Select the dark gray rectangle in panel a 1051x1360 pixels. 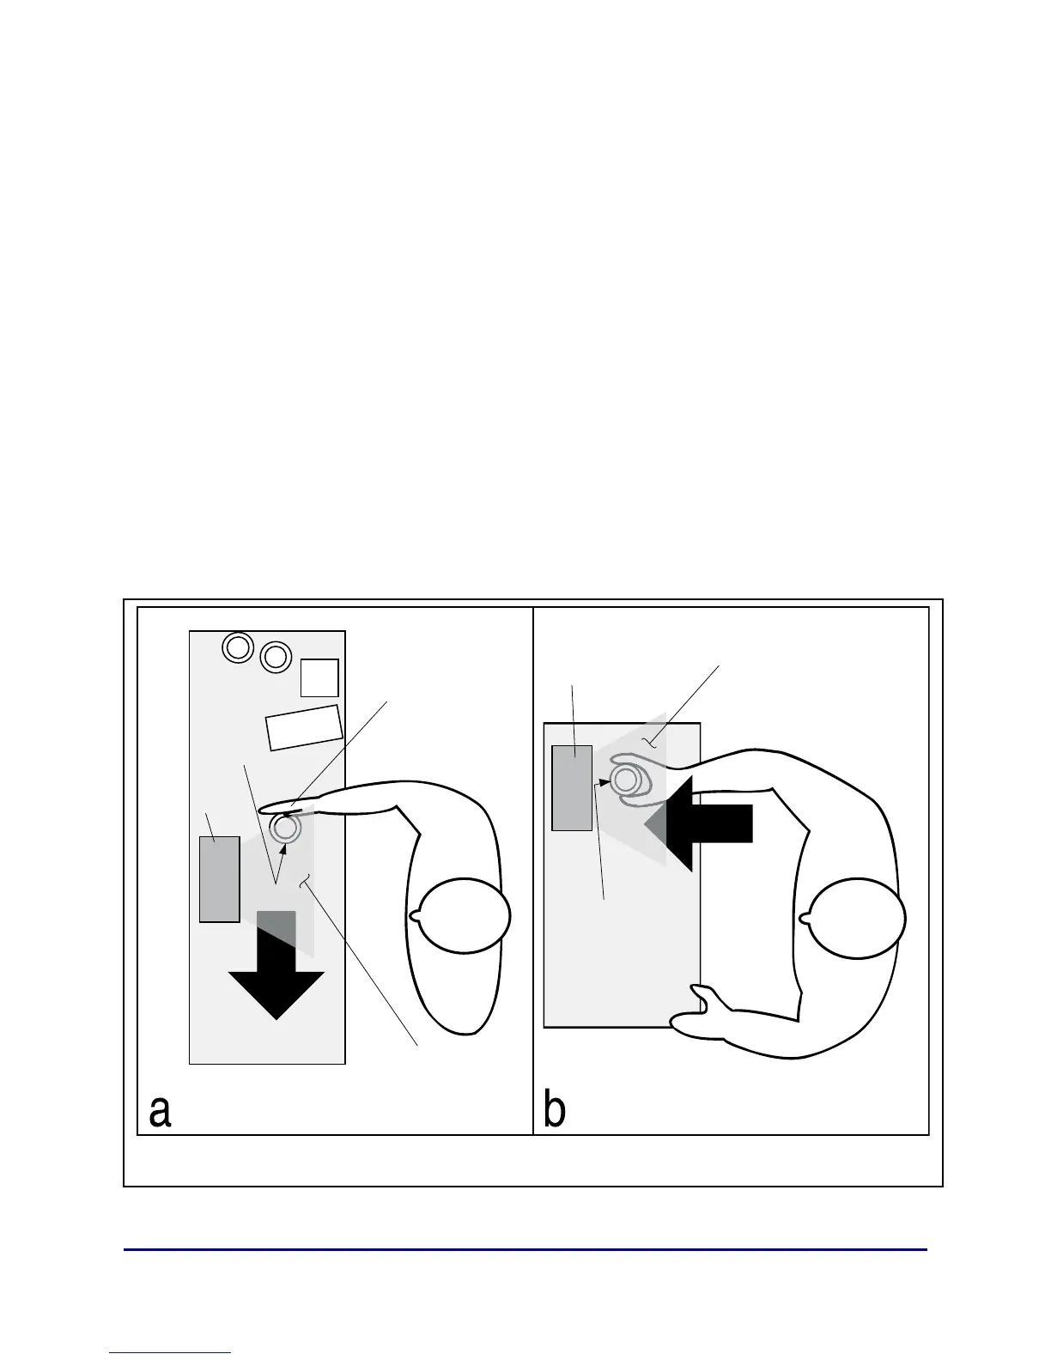coord(219,878)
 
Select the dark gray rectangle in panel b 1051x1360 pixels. coord(571,787)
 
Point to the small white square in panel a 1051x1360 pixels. coord(319,677)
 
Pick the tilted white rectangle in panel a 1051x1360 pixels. coord(304,727)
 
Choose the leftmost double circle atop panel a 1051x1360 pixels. coord(237,647)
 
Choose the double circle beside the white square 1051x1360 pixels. coord(275,657)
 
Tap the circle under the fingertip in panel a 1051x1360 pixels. coord(285,829)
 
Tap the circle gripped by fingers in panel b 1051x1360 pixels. coord(625,780)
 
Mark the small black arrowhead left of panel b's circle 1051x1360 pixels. coord(604,782)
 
